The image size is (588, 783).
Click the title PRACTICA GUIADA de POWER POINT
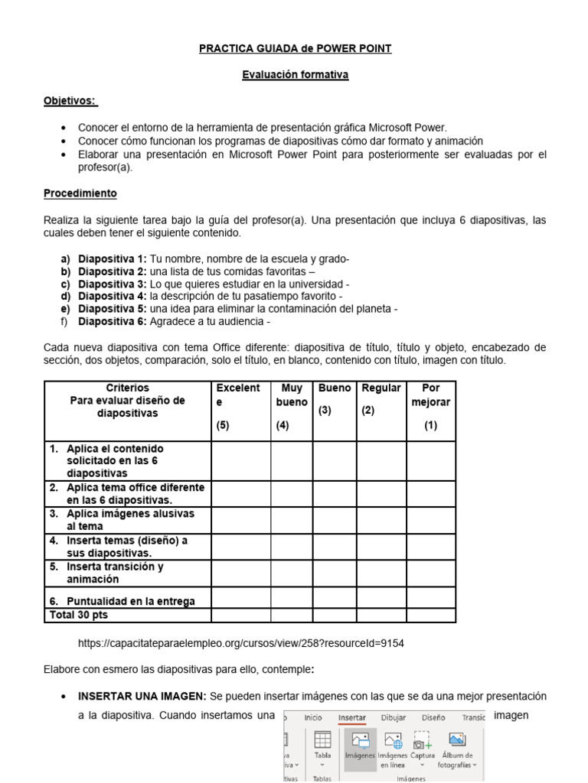(295, 48)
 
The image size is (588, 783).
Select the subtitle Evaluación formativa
(295, 75)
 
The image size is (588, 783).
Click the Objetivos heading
(70, 101)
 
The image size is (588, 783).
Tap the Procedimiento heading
(80, 193)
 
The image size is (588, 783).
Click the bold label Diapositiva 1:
(113, 259)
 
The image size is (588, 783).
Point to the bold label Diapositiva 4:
(113, 296)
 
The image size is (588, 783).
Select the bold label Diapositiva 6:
(113, 321)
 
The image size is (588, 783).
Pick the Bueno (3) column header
(335, 399)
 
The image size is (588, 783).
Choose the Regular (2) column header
(381, 399)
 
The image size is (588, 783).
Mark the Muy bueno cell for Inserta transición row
(291, 573)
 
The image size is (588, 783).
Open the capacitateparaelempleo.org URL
(241, 643)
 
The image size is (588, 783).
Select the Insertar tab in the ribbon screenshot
(351, 718)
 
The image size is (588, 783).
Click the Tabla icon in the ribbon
(322, 746)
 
